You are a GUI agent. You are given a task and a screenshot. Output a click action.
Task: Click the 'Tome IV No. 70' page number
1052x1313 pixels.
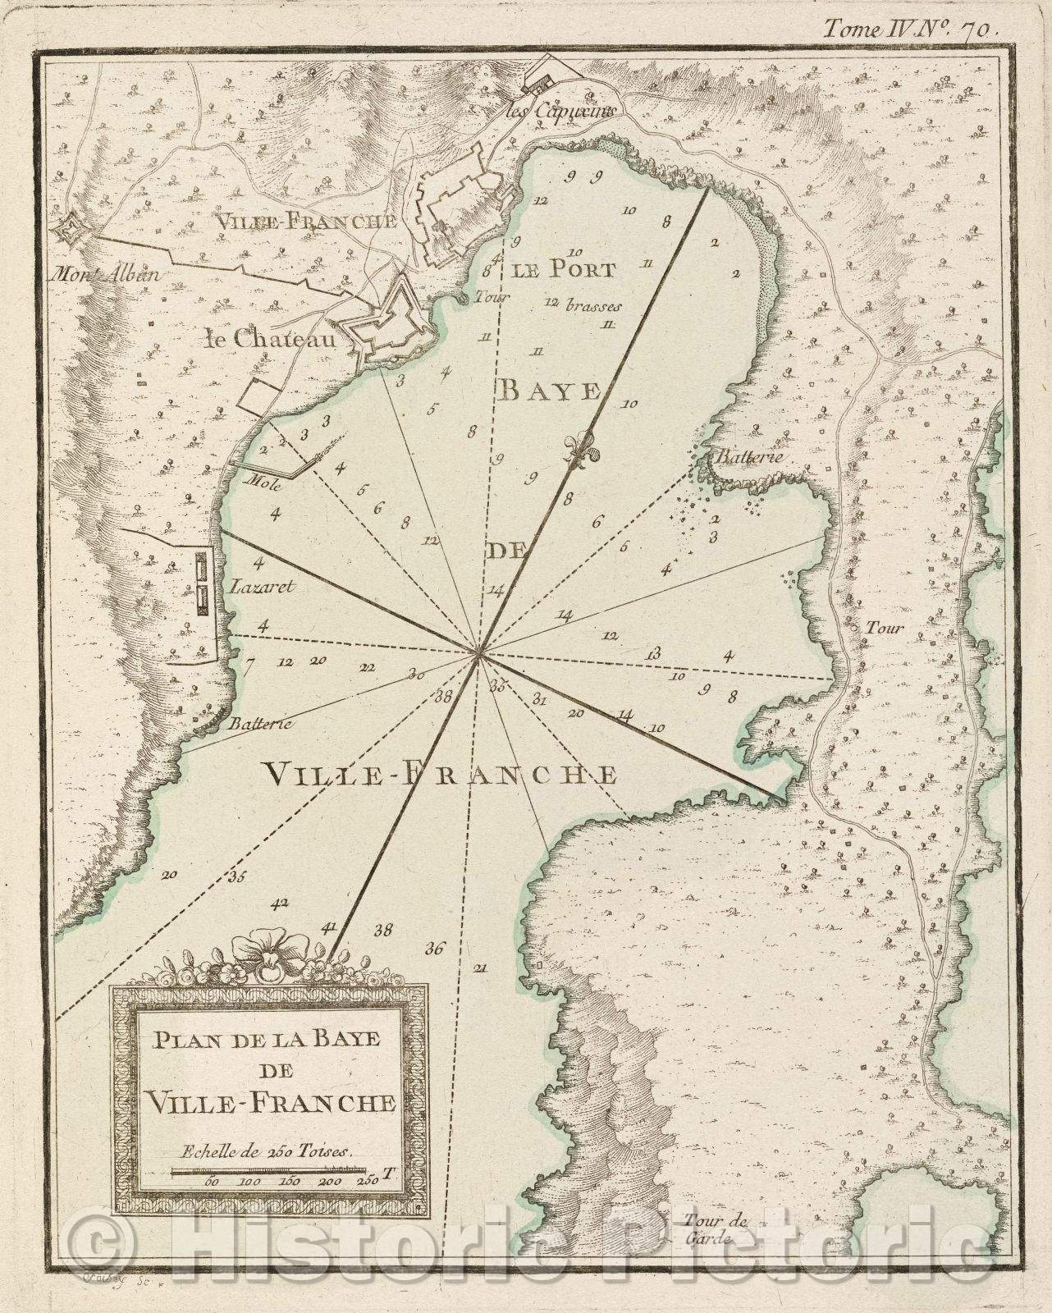click(910, 28)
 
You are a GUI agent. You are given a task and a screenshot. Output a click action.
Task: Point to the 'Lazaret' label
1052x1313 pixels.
click(257, 587)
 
